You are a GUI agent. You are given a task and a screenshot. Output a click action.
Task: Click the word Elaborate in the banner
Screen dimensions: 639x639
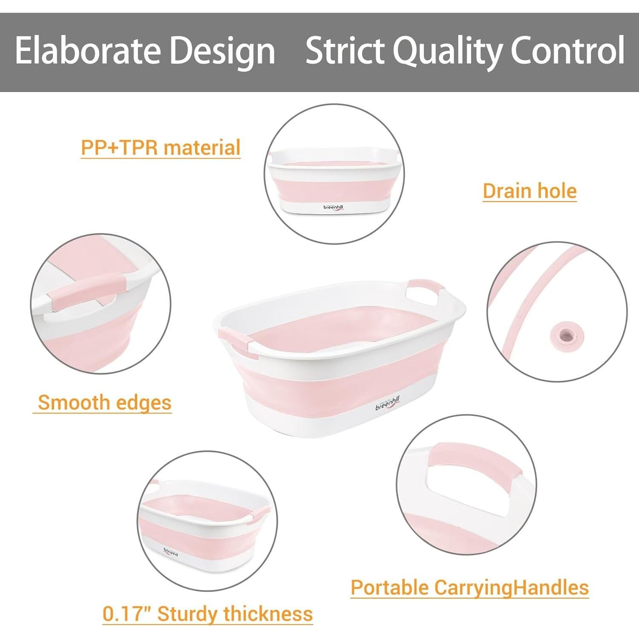[x=87, y=50]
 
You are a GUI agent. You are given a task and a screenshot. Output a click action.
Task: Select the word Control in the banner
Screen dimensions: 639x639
[x=567, y=50]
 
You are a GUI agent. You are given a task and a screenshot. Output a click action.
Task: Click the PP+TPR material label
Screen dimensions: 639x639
[x=161, y=148]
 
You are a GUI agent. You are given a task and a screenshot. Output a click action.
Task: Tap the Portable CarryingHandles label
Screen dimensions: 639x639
[x=469, y=587]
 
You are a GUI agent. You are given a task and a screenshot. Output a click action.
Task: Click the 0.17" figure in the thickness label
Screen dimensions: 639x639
[x=127, y=613]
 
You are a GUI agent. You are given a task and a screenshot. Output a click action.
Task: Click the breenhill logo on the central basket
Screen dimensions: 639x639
[x=388, y=403]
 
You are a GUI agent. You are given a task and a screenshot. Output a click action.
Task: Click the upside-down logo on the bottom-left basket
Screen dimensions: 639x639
[x=170, y=553]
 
